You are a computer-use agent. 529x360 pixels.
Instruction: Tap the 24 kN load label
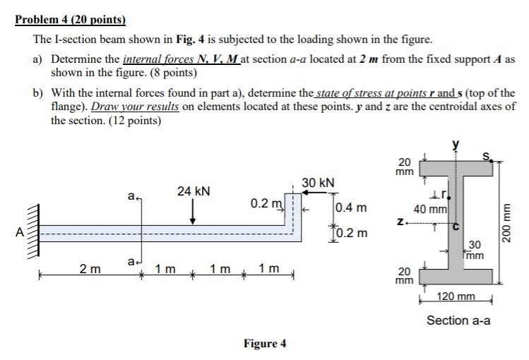193,191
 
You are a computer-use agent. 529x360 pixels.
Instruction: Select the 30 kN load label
318,183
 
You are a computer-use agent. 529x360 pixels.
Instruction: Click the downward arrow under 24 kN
193,213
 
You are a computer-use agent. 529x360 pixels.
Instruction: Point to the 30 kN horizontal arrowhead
307,192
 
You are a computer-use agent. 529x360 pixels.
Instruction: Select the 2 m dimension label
90,268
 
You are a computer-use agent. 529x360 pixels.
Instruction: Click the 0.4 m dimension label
351,208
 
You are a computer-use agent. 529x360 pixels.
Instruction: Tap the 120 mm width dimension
456,298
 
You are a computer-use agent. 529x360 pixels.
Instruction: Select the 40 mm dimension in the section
429,209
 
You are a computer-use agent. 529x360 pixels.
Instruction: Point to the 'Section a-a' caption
458,320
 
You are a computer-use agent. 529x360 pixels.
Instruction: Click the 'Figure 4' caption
265,344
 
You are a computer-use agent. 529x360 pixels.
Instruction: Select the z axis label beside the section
400,222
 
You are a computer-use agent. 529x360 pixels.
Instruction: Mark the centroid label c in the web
456,226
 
